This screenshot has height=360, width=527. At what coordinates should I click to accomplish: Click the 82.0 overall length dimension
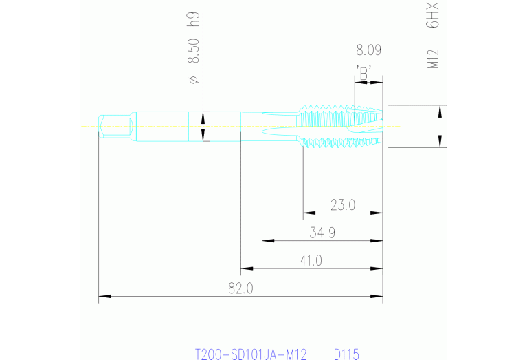point(240,289)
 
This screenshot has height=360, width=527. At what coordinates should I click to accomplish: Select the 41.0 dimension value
point(311,261)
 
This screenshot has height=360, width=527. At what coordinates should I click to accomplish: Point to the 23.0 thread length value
point(342,204)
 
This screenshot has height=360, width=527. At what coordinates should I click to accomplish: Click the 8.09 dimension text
point(368,50)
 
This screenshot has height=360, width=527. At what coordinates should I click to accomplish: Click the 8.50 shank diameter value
point(193,52)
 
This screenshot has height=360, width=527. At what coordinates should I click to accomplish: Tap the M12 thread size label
point(434,59)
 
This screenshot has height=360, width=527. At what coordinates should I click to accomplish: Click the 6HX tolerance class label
point(433,14)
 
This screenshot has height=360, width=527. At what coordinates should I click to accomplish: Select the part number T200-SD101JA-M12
point(251,354)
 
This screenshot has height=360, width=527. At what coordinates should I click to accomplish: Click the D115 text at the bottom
point(346,354)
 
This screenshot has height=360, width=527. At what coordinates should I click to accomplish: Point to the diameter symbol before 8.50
point(193,80)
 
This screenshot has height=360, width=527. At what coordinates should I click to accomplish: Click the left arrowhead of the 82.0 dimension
point(104,297)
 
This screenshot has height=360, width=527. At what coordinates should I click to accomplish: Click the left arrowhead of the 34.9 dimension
point(267,241)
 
